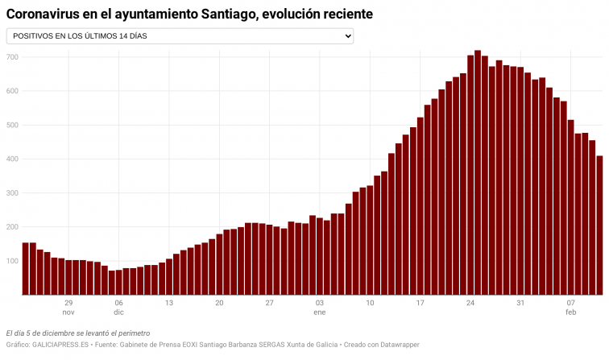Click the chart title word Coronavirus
pyautogui.click(x=45, y=14)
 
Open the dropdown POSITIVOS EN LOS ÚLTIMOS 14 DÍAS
pyautogui.click(x=180, y=36)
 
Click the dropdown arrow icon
pyautogui.click(x=348, y=36)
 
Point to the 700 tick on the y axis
pyautogui.click(x=12, y=57)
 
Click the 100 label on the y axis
pyautogui.click(x=12, y=261)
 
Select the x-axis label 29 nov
pyautogui.click(x=68, y=308)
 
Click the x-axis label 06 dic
pyautogui.click(x=118, y=308)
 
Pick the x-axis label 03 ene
pyautogui.click(x=320, y=308)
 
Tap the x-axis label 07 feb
pyautogui.click(x=570, y=308)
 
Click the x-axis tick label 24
pyautogui.click(x=470, y=304)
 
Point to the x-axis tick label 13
pyautogui.click(x=169, y=304)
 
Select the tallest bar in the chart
pyautogui.click(x=478, y=172)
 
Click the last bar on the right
pyautogui.click(x=599, y=226)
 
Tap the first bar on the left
pyautogui.click(x=25, y=268)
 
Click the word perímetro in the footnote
pyautogui.click(x=133, y=333)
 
